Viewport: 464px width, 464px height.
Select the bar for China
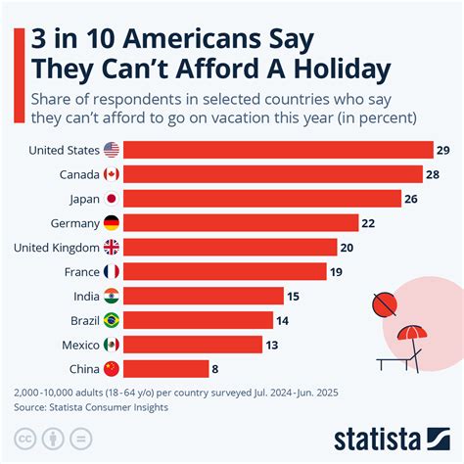(165, 368)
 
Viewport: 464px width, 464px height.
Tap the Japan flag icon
(112, 199)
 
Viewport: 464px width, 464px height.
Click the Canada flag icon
(112, 174)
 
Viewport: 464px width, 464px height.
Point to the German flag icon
(112, 223)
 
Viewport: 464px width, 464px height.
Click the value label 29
(443, 150)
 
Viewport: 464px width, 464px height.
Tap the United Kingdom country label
(56, 247)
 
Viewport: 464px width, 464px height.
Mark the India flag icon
(112, 296)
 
